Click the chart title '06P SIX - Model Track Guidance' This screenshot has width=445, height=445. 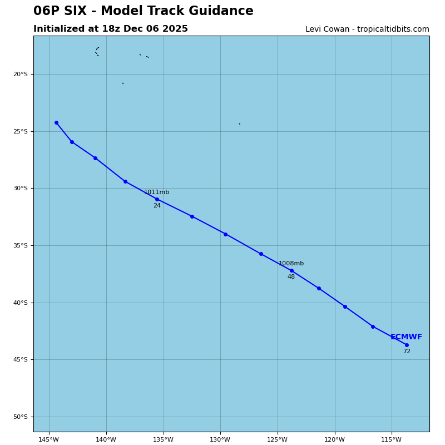[143, 11]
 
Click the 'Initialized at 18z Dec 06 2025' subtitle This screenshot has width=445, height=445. [111, 29]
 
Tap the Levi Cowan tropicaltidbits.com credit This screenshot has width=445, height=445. [367, 29]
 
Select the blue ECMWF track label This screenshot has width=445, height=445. [406, 337]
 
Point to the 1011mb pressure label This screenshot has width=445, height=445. [156, 192]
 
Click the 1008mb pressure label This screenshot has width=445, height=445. [291, 264]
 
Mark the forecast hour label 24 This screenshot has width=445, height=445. [157, 206]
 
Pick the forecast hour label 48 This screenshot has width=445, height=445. [291, 277]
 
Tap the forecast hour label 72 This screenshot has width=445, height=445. [407, 352]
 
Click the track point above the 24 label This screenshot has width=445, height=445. [157, 199]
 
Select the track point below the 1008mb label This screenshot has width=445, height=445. [291, 270]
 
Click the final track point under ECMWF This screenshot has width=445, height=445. [407, 345]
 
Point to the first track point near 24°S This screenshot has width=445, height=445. [56, 122]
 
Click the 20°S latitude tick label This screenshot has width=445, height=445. [20, 74]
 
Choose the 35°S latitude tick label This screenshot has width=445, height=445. [20, 245]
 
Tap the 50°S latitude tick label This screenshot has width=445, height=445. [20, 417]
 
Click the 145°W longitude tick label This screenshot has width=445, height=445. [49, 440]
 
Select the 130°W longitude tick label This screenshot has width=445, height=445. [220, 440]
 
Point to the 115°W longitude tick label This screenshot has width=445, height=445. [392, 440]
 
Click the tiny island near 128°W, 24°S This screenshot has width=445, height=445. [240, 123]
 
